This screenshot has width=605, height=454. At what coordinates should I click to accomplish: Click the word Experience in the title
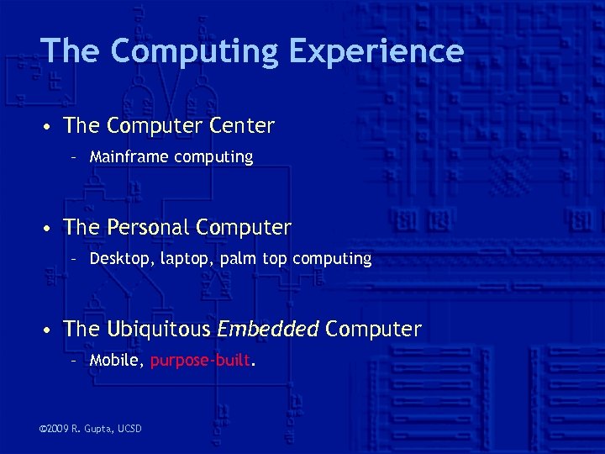click(376, 51)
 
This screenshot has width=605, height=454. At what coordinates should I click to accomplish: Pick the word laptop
click(182, 258)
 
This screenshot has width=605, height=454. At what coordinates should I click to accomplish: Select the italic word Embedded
click(268, 329)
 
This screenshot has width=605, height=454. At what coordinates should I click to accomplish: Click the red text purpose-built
click(200, 361)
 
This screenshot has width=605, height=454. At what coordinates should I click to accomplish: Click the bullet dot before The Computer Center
click(50, 127)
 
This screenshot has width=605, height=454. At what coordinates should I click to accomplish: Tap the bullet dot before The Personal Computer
click(50, 228)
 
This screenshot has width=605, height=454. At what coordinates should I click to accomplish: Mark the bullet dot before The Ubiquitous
click(50, 330)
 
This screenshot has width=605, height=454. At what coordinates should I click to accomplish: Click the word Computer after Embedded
click(373, 329)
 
